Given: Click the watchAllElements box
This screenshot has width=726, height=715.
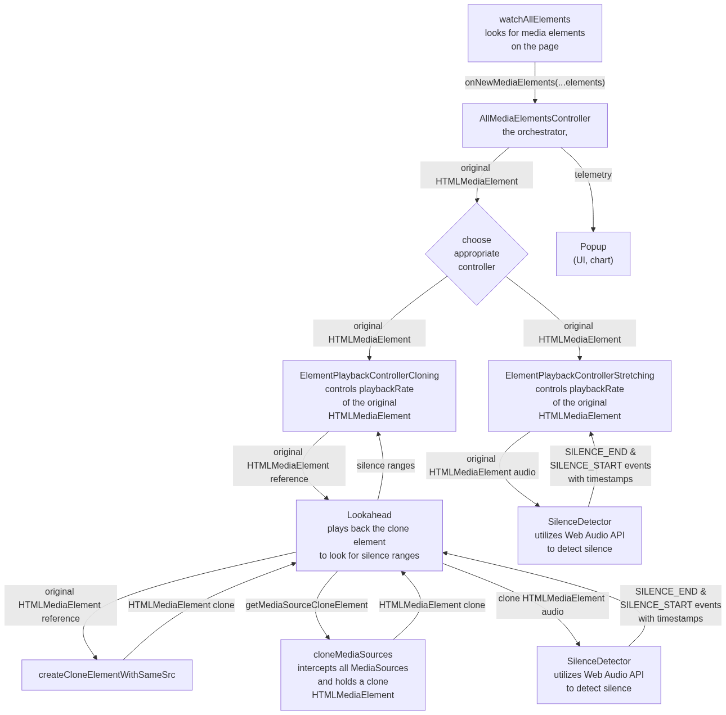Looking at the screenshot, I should click(535, 33).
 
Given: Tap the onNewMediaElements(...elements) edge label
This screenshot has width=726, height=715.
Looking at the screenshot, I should click(535, 83).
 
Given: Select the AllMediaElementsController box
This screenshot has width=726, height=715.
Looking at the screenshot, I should click(535, 125).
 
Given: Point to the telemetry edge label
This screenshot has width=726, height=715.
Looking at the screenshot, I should click(593, 175).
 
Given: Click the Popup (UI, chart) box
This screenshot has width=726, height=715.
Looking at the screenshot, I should click(593, 254).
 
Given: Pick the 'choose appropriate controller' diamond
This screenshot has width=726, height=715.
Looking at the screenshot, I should click(477, 254).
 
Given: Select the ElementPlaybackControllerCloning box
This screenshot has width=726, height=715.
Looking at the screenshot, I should click(369, 396).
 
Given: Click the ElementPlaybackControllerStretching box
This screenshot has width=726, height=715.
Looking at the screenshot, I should click(580, 396).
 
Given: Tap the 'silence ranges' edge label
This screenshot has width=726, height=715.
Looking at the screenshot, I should click(386, 465).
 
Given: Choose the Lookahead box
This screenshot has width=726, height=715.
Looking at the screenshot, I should click(369, 536).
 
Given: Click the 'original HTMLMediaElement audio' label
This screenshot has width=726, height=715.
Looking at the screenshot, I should click(482, 466).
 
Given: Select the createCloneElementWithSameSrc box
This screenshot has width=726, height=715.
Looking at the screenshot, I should click(107, 675).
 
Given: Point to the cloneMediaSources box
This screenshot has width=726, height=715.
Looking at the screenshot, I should click(353, 675).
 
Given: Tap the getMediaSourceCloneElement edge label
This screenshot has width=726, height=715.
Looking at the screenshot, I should click(307, 605).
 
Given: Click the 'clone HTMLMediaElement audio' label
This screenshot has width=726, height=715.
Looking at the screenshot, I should click(552, 605).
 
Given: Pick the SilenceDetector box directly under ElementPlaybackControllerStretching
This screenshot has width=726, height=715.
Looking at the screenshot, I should click(580, 536).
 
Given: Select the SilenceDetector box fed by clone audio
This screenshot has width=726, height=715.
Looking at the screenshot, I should click(599, 675).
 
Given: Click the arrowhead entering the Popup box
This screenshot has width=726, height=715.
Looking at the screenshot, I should click(593, 229).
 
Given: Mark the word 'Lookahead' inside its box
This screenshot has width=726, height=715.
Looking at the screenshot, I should click(369, 515).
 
